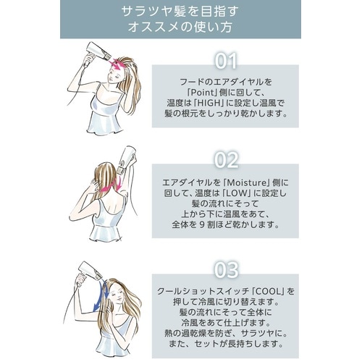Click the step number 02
226,160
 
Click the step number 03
226,271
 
